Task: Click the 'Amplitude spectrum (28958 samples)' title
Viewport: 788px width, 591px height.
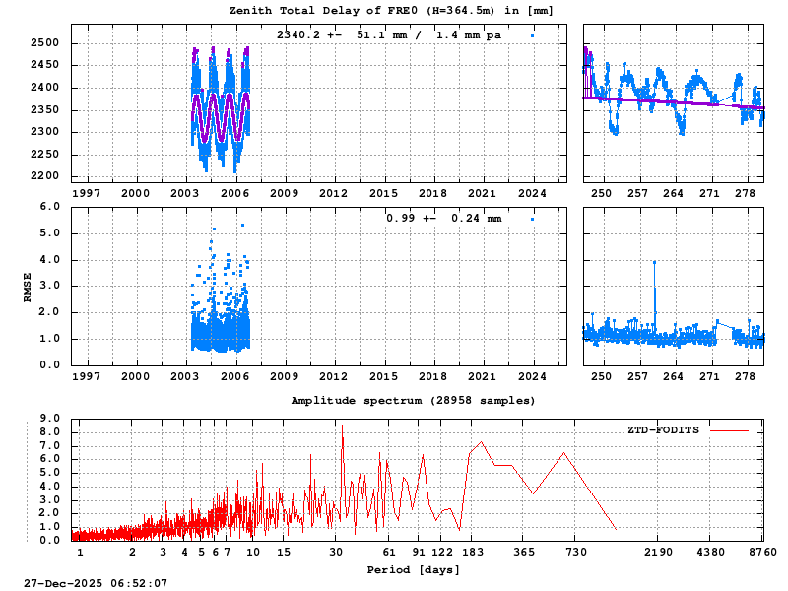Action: pos(413,401)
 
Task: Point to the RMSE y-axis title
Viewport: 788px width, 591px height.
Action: pos(29,286)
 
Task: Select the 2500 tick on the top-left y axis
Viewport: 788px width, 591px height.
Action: pos(45,43)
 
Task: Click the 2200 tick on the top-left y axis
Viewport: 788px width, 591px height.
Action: pos(45,176)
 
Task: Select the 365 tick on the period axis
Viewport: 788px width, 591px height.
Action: pos(524,553)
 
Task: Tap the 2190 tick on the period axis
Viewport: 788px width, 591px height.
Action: pos(659,553)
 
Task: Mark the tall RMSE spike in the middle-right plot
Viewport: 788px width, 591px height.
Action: pos(654,263)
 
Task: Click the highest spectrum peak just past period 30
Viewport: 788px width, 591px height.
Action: pos(342,427)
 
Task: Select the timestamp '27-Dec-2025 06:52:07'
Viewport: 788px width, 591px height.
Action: pos(96,583)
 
